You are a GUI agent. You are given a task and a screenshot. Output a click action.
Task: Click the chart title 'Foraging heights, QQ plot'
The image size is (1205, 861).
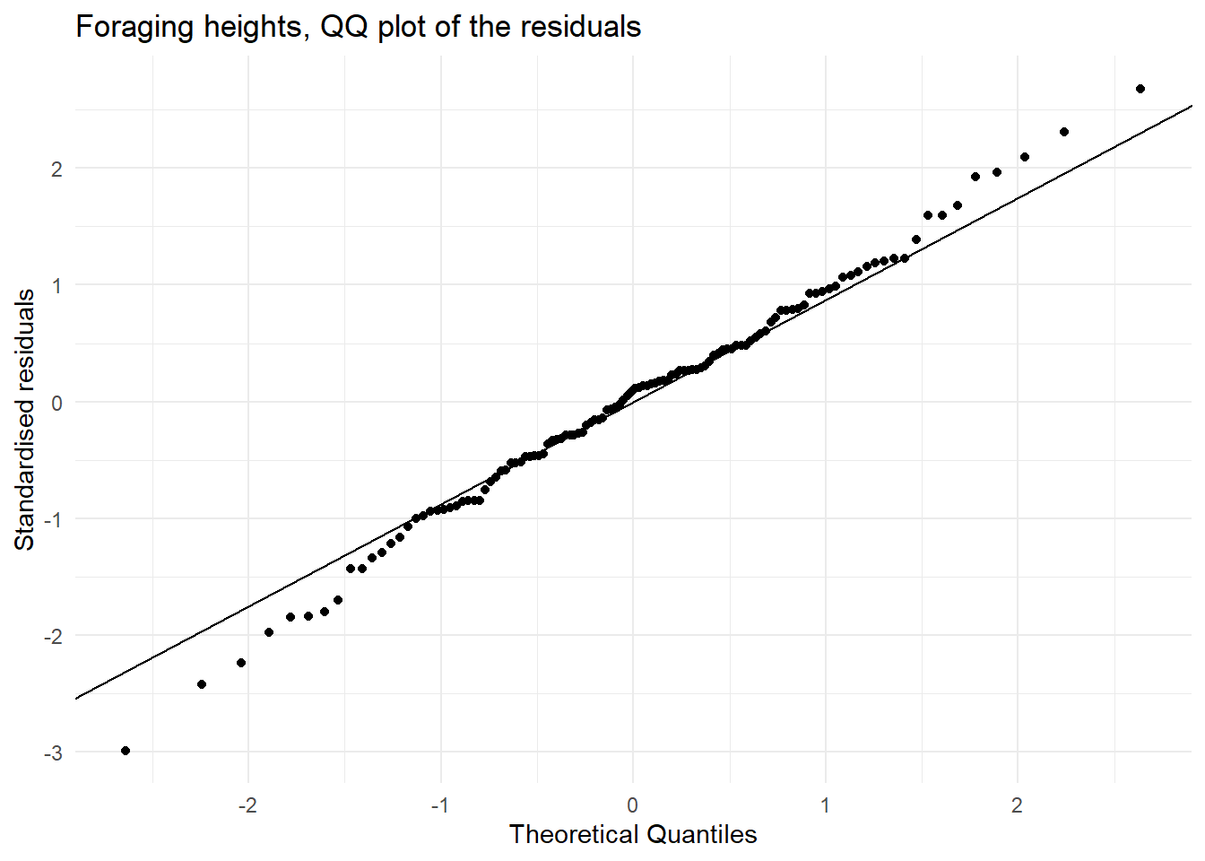click(x=358, y=27)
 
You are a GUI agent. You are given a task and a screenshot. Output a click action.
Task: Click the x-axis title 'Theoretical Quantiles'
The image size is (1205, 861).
click(x=633, y=834)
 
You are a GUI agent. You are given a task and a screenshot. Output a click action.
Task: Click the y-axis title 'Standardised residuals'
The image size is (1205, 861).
click(x=25, y=419)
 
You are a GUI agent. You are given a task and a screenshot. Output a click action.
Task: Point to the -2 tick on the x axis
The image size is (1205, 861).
click(x=247, y=804)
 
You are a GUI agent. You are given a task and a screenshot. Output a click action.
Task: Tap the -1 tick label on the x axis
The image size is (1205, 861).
click(x=439, y=804)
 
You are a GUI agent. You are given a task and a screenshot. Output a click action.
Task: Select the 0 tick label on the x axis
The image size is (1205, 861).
click(x=633, y=804)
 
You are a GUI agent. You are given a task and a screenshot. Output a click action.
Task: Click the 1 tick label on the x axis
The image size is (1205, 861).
click(x=826, y=804)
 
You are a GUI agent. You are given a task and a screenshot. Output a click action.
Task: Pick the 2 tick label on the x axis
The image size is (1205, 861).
click(x=1018, y=804)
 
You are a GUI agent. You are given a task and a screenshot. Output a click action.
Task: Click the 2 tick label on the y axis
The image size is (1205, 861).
click(x=56, y=169)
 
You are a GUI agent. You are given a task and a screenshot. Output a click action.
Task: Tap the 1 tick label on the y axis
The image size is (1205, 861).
click(x=56, y=285)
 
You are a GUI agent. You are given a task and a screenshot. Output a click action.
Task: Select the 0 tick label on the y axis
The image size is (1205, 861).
click(x=56, y=403)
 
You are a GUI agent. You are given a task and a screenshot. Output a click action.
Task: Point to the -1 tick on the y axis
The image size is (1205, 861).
click(x=54, y=519)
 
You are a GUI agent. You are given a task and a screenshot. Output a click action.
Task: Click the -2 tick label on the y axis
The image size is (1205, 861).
click(x=54, y=636)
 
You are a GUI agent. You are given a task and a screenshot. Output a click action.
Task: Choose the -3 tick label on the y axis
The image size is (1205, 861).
click(x=54, y=753)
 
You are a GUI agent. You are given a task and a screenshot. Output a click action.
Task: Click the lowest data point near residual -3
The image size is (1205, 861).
click(x=126, y=751)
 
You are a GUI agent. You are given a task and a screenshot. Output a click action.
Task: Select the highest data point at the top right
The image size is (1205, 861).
click(x=1140, y=89)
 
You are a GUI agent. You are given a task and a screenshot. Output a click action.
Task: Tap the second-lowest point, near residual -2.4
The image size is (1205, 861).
click(x=202, y=684)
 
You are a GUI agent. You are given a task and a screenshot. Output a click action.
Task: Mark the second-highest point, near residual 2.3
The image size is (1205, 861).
click(x=1064, y=132)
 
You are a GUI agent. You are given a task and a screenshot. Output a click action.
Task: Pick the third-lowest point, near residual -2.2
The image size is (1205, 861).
click(x=241, y=663)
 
